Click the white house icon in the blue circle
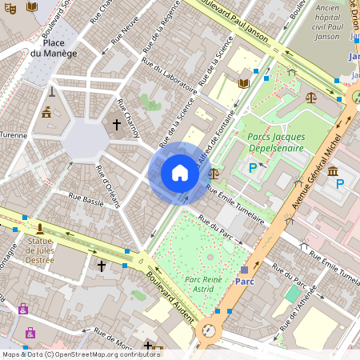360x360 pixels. [x=180, y=173]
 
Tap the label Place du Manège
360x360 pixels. [x=54, y=48]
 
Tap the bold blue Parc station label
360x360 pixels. [x=245, y=282]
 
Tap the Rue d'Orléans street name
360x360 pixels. [x=108, y=186]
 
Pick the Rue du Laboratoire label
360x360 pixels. [x=169, y=73]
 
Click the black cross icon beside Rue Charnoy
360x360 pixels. [x=116, y=125]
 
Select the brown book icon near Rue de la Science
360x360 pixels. [x=243, y=83]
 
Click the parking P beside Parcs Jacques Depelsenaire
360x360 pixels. [x=253, y=168]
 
